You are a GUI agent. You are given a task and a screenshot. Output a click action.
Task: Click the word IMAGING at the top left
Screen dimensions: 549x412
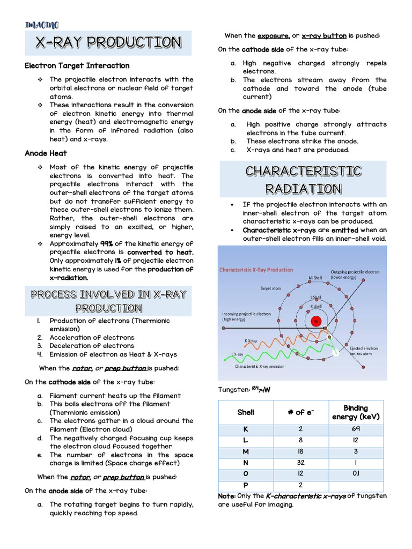coord(42,25)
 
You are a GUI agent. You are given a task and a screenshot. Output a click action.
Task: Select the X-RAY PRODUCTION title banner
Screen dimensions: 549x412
coord(108,42)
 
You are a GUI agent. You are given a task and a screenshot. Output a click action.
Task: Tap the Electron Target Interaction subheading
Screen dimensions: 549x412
coord(77,65)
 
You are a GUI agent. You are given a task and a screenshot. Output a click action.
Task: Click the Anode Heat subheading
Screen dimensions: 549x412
coord(46,153)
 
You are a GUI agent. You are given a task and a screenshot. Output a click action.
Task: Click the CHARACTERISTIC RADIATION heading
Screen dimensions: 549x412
coord(303,180)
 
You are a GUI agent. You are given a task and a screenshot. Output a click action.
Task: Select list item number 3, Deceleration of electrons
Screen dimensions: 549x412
coord(92,346)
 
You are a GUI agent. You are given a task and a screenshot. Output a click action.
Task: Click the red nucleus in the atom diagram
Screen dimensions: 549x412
coord(316,322)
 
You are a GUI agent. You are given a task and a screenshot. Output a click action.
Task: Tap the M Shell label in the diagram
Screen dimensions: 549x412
coord(315,278)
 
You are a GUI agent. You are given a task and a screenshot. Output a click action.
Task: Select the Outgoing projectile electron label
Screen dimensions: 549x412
coord(355,274)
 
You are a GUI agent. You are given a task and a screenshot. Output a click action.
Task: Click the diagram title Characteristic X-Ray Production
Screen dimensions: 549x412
coord(256,270)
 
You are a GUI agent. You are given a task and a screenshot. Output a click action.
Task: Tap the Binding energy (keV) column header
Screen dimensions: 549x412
coord(356,412)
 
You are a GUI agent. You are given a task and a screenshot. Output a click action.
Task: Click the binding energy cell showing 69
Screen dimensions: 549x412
coord(356,429)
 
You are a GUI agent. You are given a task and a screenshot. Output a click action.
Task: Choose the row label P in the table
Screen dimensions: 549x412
coord(245,485)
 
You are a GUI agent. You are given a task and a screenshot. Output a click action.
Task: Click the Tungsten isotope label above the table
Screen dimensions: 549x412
coord(244,390)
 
